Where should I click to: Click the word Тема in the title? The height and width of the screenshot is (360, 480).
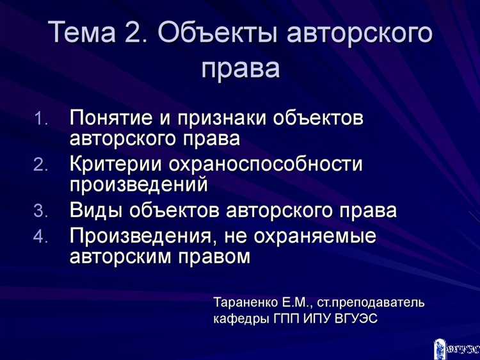79,32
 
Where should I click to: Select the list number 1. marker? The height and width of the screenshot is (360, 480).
40,120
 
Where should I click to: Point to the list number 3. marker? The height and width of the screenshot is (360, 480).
40,211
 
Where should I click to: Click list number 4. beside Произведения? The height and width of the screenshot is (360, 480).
40,238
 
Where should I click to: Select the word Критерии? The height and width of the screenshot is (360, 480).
115,164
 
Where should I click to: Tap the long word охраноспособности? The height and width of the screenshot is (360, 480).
265,164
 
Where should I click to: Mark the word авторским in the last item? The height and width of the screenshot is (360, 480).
117,256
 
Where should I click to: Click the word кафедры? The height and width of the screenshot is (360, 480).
236,318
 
